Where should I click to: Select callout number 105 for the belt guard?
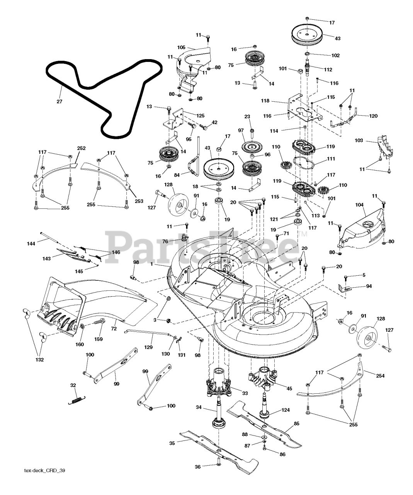181,48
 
